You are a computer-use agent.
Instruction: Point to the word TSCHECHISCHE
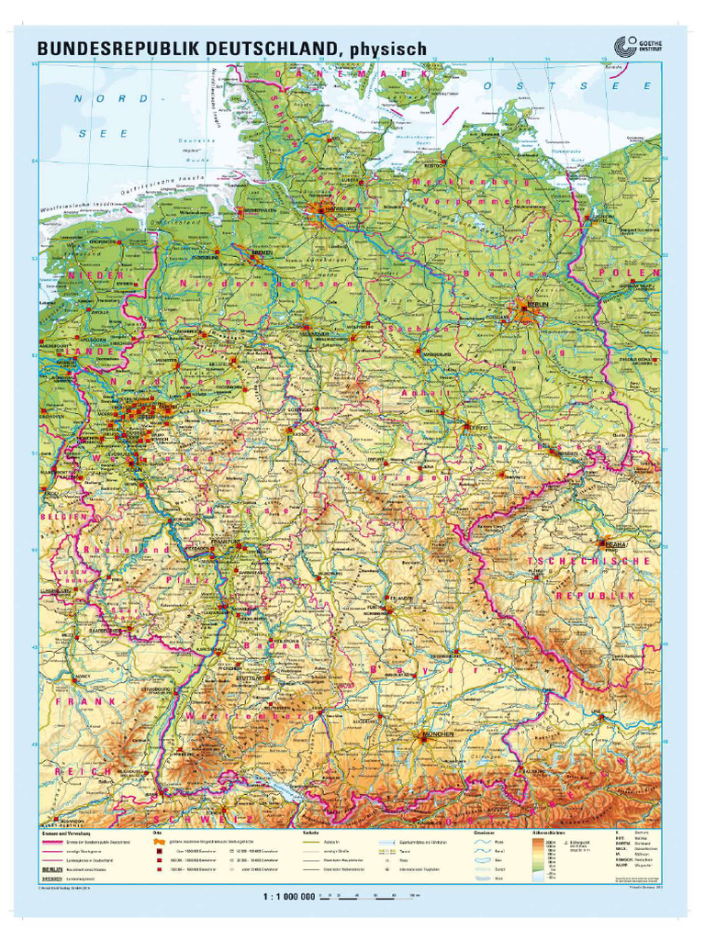tap(576, 560)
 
